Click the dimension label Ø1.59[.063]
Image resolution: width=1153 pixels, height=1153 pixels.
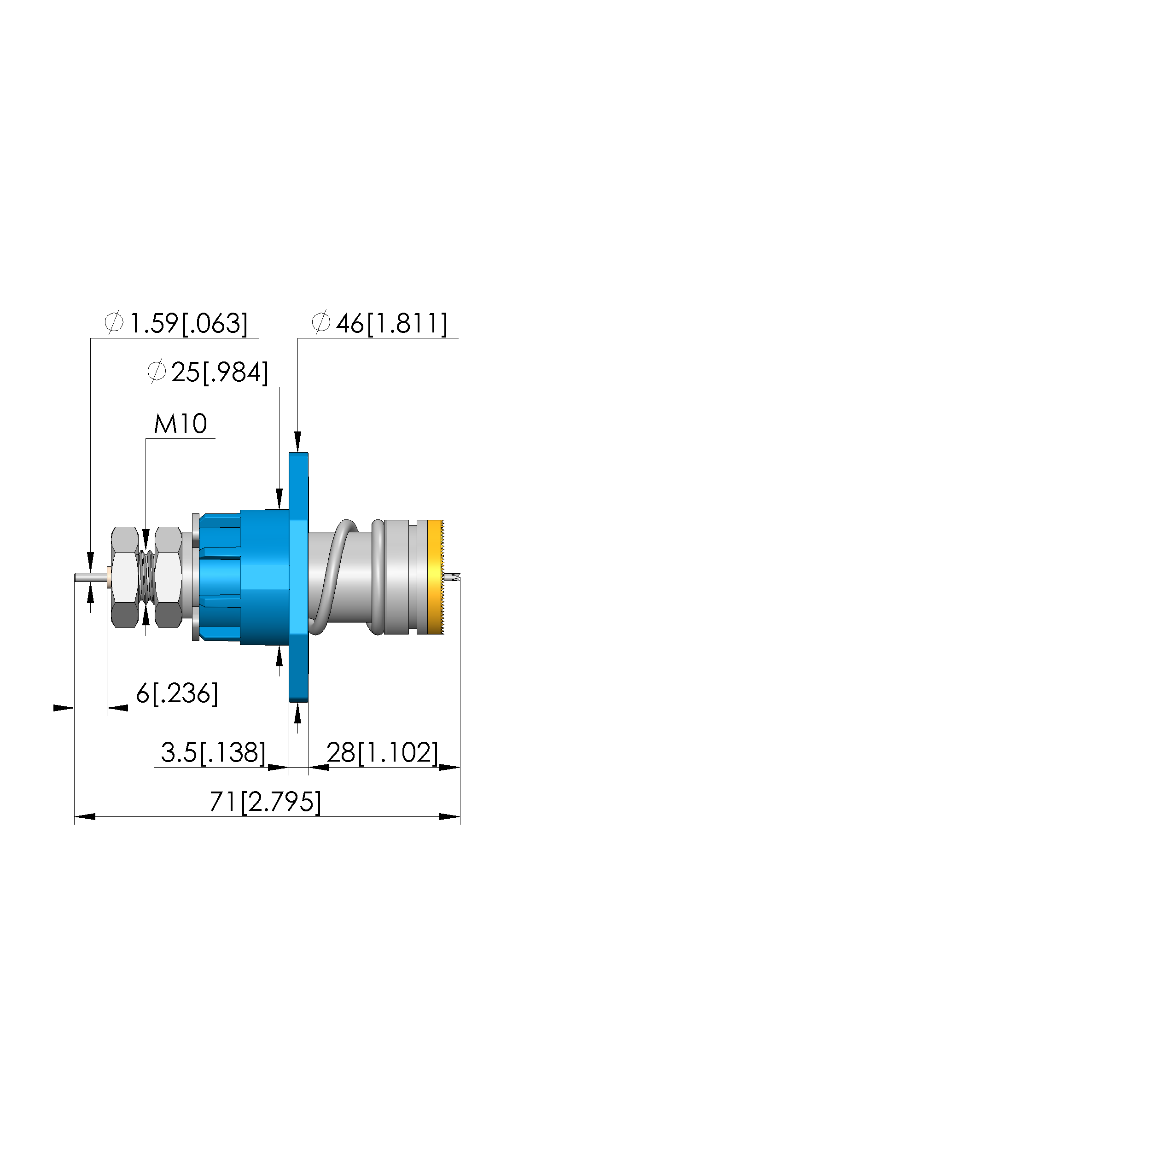click(176, 323)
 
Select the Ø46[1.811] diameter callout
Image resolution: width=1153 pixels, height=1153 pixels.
click(379, 323)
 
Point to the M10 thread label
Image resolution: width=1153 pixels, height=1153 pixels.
click(180, 424)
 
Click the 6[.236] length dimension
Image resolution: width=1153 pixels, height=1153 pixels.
click(177, 693)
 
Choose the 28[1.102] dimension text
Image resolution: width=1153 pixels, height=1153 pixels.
click(382, 752)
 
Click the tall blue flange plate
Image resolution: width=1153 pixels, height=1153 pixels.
click(298, 577)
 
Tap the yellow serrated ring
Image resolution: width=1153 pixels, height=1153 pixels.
click(436, 577)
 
